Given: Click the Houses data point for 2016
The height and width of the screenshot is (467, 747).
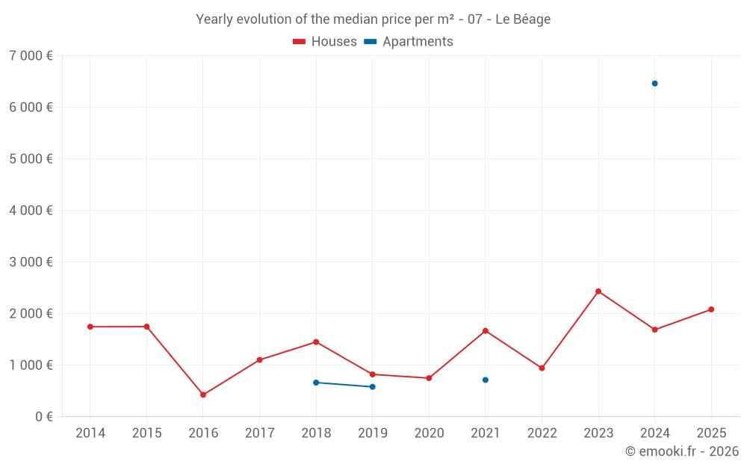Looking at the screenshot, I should click(203, 395).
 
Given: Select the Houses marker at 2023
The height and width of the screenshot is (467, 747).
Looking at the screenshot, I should click(598, 291).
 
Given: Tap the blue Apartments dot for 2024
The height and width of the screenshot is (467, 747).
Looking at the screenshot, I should click(654, 84).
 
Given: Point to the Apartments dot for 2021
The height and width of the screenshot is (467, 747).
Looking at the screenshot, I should click(486, 380).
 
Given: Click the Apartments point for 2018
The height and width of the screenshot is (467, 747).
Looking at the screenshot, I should click(316, 383).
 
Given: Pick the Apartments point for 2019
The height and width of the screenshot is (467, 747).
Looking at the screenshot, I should click(373, 387).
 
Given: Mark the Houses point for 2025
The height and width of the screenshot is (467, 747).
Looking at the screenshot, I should click(711, 309).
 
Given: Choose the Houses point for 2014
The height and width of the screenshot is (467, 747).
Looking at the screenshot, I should click(90, 327).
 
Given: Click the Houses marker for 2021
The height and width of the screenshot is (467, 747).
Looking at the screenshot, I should click(486, 331).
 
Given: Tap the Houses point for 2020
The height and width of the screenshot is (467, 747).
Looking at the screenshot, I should click(429, 378).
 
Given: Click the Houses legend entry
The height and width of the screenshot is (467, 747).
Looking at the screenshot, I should click(325, 42).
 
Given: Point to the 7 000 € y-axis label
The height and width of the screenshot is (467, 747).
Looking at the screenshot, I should click(31, 56).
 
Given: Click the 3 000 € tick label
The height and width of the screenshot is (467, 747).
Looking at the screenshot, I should click(31, 262).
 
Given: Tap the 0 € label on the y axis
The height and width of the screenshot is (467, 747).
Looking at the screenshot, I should click(44, 417).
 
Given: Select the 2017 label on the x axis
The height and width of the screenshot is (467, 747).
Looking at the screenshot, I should click(259, 433).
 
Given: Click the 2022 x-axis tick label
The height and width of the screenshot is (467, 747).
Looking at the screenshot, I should click(542, 433).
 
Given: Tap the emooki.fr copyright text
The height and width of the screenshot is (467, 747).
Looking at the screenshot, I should click(682, 451).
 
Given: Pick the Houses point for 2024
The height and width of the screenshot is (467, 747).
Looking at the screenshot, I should click(654, 330).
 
